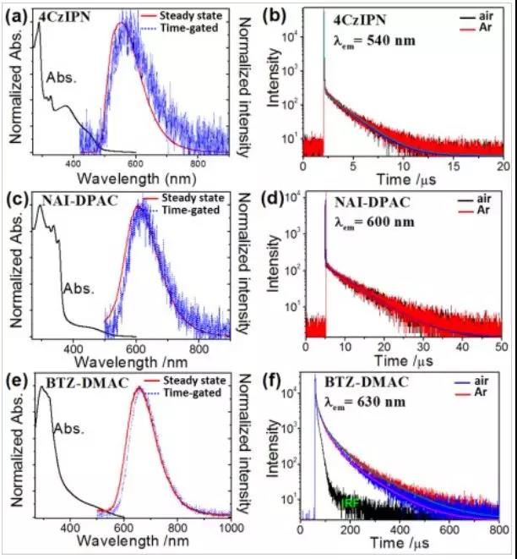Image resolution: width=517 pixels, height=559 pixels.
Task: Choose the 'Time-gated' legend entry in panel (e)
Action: pos(196,394)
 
